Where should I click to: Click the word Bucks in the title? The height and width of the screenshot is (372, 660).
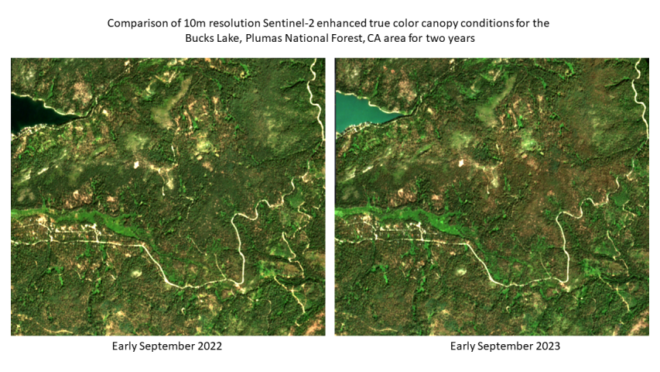(200, 38)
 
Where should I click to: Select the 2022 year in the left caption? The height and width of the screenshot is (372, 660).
(209, 346)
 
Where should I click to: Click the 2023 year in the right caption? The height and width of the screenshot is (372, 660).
(547, 346)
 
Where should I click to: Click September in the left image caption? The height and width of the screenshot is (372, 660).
(169, 346)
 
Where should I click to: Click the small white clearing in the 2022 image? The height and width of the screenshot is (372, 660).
(137, 164)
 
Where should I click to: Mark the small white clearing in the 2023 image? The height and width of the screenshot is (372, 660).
(461, 163)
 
